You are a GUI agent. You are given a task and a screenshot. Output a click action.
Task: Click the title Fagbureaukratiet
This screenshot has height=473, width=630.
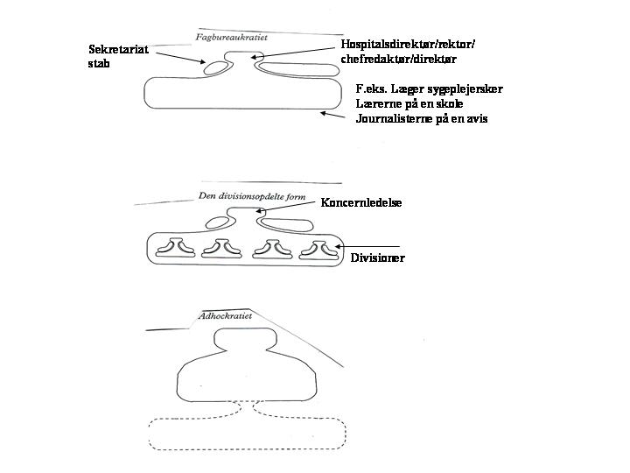click(x=231, y=38)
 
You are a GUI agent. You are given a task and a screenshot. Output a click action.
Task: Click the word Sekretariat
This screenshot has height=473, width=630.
click(x=118, y=49)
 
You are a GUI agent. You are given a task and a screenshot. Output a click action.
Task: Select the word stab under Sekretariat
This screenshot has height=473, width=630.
click(x=99, y=64)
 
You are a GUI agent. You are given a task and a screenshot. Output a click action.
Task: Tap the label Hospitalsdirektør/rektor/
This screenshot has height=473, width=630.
click(x=409, y=44)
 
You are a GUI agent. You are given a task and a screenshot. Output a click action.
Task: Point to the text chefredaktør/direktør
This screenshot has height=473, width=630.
click(x=399, y=60)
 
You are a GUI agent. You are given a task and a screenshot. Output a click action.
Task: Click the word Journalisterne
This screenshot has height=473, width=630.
click(x=394, y=118)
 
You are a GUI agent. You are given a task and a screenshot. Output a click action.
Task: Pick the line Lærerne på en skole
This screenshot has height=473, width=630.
click(x=409, y=103)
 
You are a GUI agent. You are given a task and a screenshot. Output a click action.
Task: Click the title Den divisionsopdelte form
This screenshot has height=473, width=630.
click(x=252, y=196)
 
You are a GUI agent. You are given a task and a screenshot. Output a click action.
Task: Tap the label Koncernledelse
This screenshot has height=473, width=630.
click(x=361, y=202)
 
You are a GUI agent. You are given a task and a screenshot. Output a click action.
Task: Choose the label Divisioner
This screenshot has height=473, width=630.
click(x=377, y=258)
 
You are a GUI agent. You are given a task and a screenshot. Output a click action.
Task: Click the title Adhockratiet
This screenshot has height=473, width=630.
click(x=226, y=315)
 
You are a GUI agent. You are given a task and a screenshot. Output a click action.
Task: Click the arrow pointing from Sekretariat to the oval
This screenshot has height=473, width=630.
click(x=180, y=58)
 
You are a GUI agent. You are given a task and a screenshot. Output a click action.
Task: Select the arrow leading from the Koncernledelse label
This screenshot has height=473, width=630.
click(x=285, y=207)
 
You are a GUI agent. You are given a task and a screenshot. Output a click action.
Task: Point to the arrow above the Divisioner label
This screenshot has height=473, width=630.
click(x=367, y=246)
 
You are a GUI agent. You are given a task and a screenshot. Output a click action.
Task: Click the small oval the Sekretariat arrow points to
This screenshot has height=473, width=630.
click(x=216, y=68)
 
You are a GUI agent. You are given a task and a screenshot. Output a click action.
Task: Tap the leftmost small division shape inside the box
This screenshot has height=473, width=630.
click(x=176, y=248)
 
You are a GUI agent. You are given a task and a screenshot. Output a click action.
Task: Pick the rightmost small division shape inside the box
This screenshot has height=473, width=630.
click(x=319, y=250)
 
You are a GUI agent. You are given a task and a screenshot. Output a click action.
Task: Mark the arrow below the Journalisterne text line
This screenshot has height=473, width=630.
click(x=332, y=115)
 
